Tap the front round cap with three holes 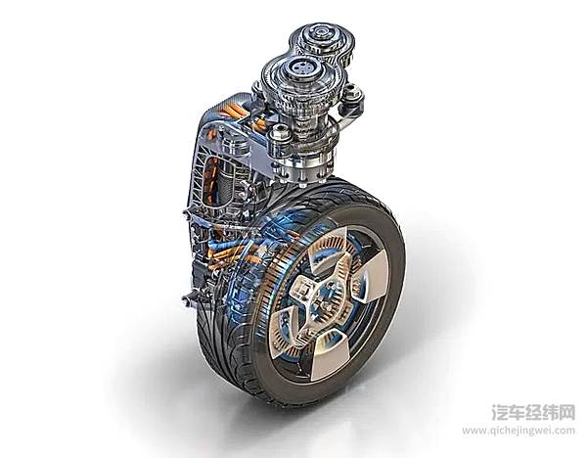tap(301, 69)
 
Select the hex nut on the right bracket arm tap(351, 93)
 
